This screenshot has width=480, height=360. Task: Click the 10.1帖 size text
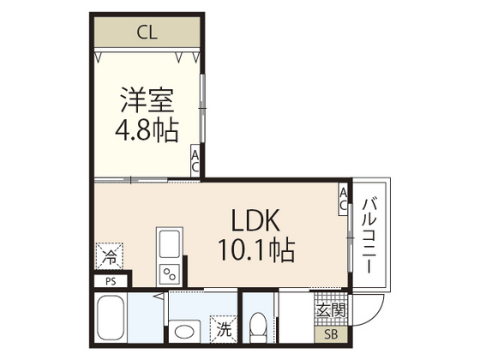[254, 251]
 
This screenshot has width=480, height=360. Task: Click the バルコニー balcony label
[370, 236]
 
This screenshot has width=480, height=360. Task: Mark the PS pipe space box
[111, 280]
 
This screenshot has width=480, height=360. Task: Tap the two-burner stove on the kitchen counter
[168, 274]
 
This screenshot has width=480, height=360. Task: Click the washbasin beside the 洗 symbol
[183, 330]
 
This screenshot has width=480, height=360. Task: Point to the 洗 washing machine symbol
[222, 328]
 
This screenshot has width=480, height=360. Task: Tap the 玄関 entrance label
[331, 309]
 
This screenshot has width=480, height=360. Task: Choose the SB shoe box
[331, 334]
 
